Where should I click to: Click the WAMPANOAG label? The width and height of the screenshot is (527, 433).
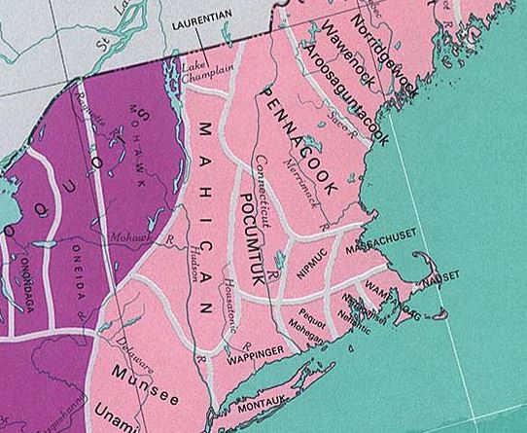click(x=393, y=295)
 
